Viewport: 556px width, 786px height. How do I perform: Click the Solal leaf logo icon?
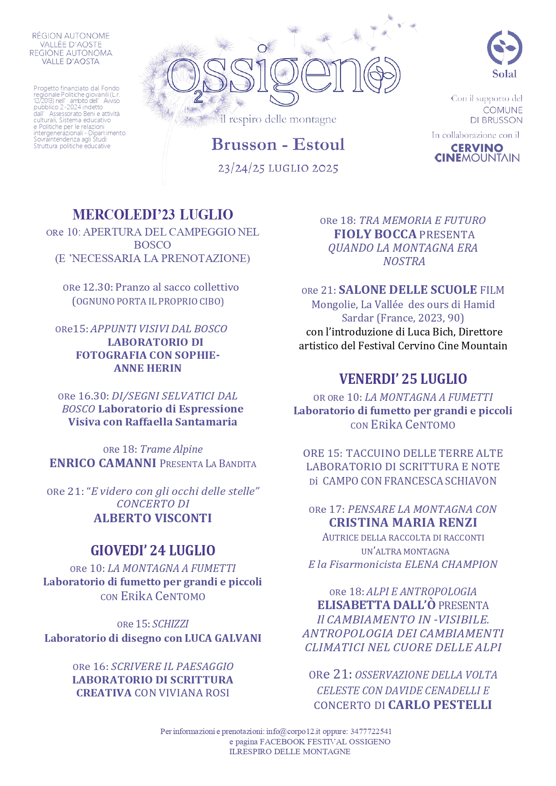point(504,47)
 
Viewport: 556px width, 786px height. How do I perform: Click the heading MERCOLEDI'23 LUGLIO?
point(153,215)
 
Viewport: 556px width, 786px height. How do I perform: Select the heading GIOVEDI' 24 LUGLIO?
point(153,550)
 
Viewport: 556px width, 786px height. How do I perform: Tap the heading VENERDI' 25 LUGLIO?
point(403,379)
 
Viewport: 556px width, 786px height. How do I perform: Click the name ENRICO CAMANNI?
point(103,463)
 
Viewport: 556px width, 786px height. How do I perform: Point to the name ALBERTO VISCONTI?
point(153,518)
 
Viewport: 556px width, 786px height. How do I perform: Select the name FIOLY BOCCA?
point(375,234)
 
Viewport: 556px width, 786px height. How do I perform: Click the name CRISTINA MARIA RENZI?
point(403,523)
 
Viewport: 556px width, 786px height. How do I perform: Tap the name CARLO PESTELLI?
point(440,705)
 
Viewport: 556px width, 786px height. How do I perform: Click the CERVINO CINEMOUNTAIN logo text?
point(477,153)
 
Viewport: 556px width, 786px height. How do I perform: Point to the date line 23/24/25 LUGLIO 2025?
point(278,168)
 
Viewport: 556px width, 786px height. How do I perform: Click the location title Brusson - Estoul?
point(278,145)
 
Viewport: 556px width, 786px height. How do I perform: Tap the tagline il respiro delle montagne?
point(278,120)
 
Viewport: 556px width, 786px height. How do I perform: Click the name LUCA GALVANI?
point(223,638)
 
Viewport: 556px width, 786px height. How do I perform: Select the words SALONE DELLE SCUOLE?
point(408,290)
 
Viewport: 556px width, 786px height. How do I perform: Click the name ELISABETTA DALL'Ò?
point(376,605)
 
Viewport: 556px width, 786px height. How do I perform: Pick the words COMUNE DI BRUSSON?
point(496,115)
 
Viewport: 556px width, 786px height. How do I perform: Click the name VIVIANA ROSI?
point(205,693)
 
